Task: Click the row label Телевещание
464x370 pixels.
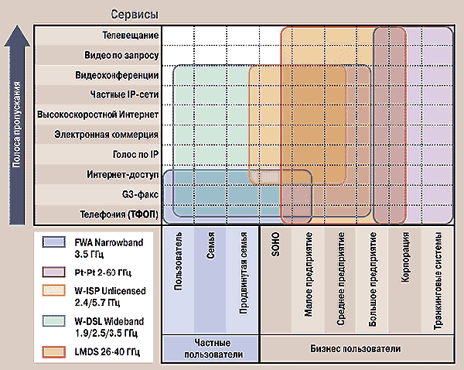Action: coord(131,36)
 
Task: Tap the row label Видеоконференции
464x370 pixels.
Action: coord(117,76)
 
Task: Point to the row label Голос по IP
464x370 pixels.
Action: coord(133,155)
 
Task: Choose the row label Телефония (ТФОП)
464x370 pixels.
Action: coord(121,214)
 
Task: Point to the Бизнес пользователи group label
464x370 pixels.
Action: coord(360,350)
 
